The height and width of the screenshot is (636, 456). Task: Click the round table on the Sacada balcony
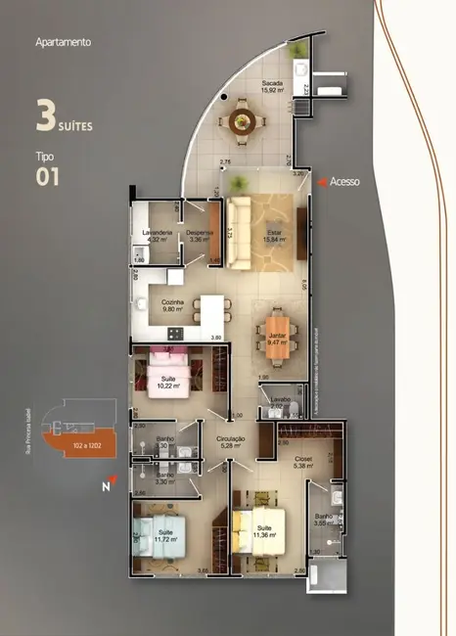pos(245,120)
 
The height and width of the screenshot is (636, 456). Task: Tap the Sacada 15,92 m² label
pos(272,88)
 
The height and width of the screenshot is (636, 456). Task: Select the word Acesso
pos(345,181)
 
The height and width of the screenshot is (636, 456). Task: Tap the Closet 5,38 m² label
pos(303,463)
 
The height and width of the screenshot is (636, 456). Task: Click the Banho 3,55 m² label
pos(325,520)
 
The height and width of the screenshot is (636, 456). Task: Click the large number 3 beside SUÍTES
pos(45,115)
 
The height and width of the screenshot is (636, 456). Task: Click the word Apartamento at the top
pos(63,43)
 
